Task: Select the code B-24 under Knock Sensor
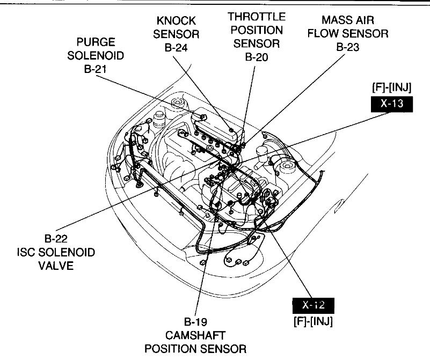pyautogui.click(x=177, y=47)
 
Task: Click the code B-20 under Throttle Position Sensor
pyautogui.click(x=256, y=56)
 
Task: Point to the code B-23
pyautogui.click(x=347, y=47)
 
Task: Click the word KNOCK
pyautogui.click(x=177, y=21)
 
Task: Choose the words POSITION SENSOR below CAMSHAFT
pyautogui.click(x=195, y=349)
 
